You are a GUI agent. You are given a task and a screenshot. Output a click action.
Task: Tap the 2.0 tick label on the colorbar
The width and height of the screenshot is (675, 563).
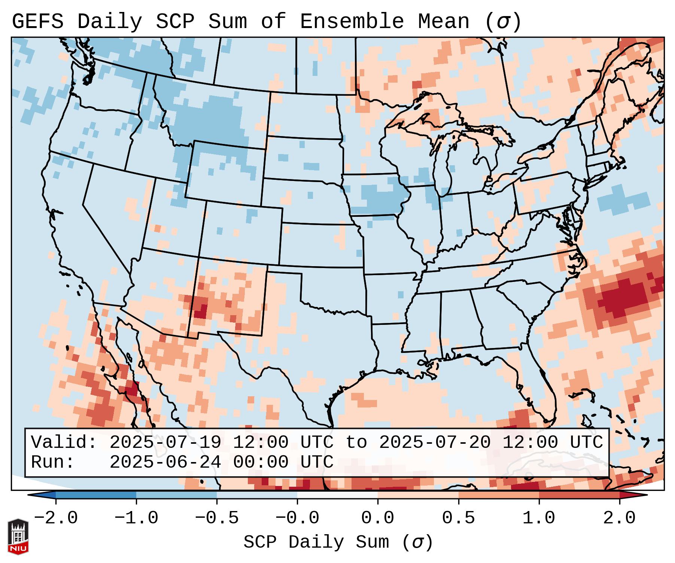coord(619,518)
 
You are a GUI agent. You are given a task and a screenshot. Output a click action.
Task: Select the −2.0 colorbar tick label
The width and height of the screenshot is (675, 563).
coord(55,518)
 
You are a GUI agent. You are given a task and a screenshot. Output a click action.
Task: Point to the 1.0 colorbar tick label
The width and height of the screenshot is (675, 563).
coord(539,518)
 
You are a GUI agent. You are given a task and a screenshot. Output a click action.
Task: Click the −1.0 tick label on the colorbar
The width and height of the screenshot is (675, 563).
coord(136,518)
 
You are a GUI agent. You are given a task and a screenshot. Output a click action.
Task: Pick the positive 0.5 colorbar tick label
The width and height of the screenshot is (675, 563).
coord(458,518)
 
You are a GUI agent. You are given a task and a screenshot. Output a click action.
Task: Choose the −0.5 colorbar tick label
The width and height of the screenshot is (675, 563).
coord(216,518)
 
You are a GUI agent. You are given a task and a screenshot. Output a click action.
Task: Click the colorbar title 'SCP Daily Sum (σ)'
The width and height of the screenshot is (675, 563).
coord(338,542)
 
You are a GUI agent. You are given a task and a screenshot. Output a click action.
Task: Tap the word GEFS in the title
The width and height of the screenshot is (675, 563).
coord(37,21)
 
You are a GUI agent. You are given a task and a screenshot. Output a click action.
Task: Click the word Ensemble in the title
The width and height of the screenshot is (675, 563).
coord(352,21)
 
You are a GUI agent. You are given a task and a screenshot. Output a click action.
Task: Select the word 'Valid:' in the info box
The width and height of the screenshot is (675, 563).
coord(64,442)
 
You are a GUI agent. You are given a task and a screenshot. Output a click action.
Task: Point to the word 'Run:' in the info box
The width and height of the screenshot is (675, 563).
coord(53,462)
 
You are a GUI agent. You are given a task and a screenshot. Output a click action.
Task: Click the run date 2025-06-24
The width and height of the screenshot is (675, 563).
coord(165,462)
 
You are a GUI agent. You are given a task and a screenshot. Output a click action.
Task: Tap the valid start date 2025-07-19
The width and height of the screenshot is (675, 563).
coord(165,442)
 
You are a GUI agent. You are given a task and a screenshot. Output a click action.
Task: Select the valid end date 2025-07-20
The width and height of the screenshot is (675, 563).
coord(435,442)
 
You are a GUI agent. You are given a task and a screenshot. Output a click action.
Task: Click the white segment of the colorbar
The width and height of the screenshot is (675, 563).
coord(337,495)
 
